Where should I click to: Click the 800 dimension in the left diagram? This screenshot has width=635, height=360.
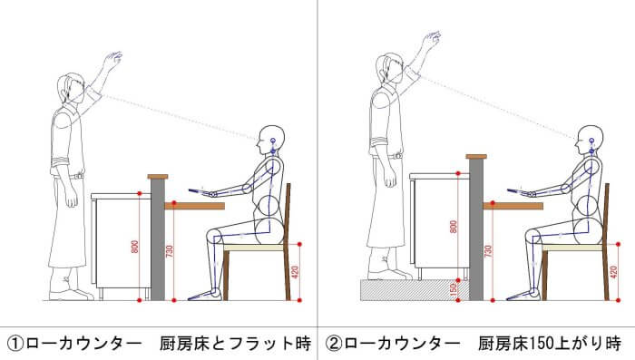pos(135,247)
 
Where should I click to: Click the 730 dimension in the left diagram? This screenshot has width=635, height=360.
pos(170,251)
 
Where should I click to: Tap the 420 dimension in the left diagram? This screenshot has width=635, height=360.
pos(295,272)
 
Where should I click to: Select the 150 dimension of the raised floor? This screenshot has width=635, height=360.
pos(454,289)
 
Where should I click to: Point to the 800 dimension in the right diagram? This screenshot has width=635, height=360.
pos(454,227)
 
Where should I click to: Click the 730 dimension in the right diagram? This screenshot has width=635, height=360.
pos(488,251)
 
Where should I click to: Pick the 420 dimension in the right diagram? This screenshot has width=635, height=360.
pos(613,272)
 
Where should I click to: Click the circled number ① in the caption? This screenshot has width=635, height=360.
pos(15,344)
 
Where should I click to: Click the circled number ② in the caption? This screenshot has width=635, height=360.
pos(334,344)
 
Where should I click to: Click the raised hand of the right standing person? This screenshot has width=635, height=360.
pos(432,39)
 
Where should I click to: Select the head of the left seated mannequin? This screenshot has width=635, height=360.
pos(270,140)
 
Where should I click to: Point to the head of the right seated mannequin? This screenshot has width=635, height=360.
pos(590,140)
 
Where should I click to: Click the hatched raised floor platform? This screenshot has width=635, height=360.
pos(415,290)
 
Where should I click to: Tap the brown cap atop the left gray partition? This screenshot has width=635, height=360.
pos(158,177)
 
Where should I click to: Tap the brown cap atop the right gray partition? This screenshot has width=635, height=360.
pos(476,156)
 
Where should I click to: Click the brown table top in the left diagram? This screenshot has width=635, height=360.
pos(194,206)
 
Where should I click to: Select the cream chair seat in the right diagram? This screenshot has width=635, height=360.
pos(573,248)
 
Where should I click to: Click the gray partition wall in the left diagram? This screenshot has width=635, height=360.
pos(158,239)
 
